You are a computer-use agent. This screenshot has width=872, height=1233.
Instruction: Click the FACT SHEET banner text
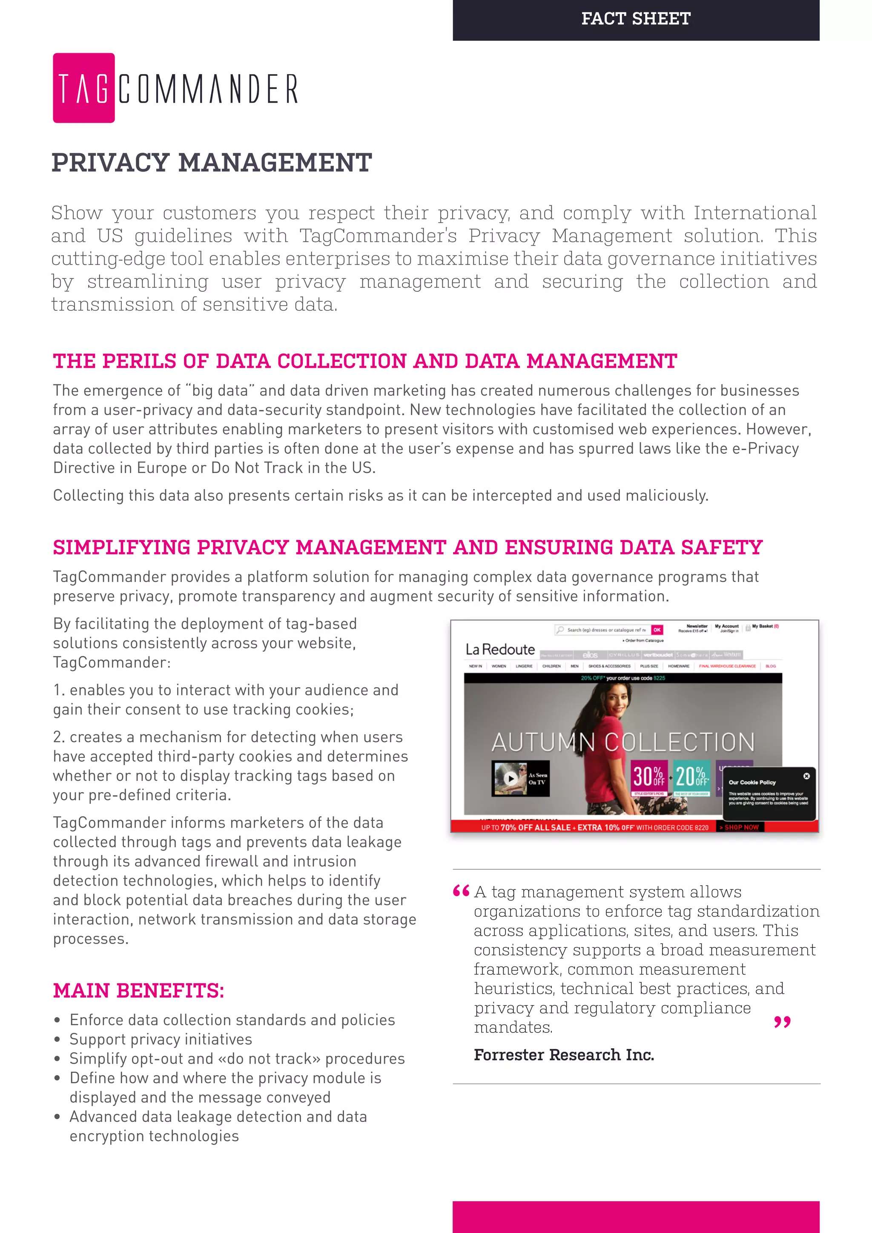pyautogui.click(x=636, y=19)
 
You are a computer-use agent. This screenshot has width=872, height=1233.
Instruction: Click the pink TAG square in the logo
pyautogui.click(x=84, y=88)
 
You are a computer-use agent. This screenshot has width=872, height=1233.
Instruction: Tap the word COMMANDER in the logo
pyautogui.click(x=208, y=89)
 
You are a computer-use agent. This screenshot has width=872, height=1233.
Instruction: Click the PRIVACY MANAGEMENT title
pyautogui.click(x=212, y=163)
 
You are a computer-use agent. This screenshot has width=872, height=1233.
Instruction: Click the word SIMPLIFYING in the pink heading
pyautogui.click(x=121, y=547)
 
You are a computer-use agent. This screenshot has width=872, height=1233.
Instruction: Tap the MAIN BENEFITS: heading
pyautogui.click(x=138, y=991)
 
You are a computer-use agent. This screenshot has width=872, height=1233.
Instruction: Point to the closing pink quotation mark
pyautogui.click(x=782, y=1021)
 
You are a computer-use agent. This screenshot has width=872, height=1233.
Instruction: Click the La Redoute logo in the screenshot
pyautogui.click(x=500, y=650)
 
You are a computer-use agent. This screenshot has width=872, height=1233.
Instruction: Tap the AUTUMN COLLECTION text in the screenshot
pyautogui.click(x=623, y=742)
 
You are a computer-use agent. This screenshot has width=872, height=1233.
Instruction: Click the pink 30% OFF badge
pyautogui.click(x=648, y=777)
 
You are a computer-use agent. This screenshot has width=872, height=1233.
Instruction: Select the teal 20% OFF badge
pyautogui.click(x=691, y=777)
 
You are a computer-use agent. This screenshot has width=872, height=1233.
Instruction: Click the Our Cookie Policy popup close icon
pyautogui.click(x=806, y=776)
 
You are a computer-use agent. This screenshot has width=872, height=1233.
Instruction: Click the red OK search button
pyautogui.click(x=657, y=630)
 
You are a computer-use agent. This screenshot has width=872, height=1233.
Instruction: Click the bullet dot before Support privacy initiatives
pyautogui.click(x=57, y=1040)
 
